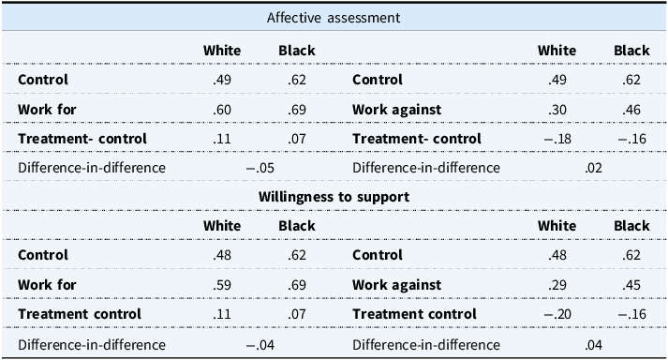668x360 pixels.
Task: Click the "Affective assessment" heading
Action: click(x=334, y=17)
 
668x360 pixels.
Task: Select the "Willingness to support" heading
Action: click(x=334, y=196)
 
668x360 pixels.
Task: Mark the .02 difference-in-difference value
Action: click(x=593, y=168)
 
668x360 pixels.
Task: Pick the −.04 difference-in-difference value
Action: click(x=260, y=343)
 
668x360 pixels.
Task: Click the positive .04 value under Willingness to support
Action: click(x=593, y=343)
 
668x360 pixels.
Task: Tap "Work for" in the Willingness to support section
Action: click(x=47, y=284)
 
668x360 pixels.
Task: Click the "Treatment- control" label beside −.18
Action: click(x=416, y=139)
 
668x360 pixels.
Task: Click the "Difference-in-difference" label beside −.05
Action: click(x=92, y=168)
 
